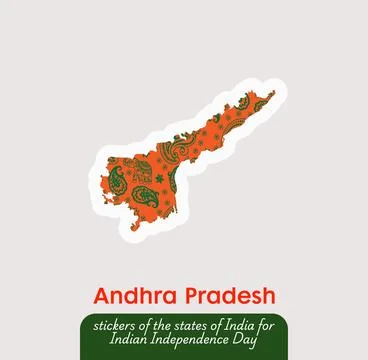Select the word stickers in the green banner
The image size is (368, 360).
[x=114, y=325]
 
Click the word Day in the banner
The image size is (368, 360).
[x=248, y=342]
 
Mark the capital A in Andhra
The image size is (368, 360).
[x=100, y=297]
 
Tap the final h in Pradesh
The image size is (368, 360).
[x=268, y=297]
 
